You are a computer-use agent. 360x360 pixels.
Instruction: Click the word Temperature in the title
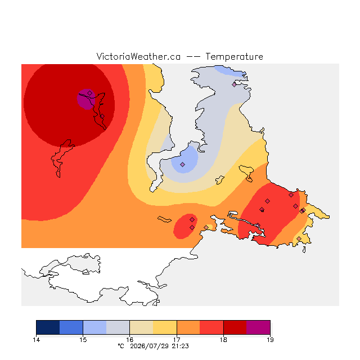point(234,57)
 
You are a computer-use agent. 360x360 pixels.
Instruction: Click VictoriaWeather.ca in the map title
point(138,57)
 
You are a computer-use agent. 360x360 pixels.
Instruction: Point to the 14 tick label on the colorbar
point(36,340)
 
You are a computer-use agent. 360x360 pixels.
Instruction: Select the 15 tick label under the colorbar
point(83,340)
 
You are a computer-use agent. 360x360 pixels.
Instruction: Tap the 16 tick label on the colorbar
point(130,340)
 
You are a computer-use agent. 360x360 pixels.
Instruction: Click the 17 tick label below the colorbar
point(177,340)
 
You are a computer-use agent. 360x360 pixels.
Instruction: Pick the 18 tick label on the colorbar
point(223,340)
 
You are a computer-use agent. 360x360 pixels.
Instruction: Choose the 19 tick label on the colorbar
point(270,340)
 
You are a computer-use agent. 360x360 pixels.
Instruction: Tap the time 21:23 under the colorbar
point(180,346)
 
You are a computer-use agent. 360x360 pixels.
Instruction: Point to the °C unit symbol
point(121,346)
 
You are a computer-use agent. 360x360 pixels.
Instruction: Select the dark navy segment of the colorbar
point(48,327)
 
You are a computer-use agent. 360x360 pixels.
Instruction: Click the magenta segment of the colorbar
point(258,327)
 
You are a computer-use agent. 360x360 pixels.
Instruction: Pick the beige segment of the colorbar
point(141,327)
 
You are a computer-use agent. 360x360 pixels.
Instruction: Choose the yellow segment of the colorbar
point(165,327)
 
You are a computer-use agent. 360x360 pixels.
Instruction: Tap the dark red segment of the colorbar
point(235,327)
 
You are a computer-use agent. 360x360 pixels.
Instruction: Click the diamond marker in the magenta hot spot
point(90,93)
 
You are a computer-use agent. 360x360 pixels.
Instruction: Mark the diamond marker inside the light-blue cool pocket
point(182,164)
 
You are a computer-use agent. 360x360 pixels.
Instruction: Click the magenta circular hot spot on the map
point(86,99)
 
